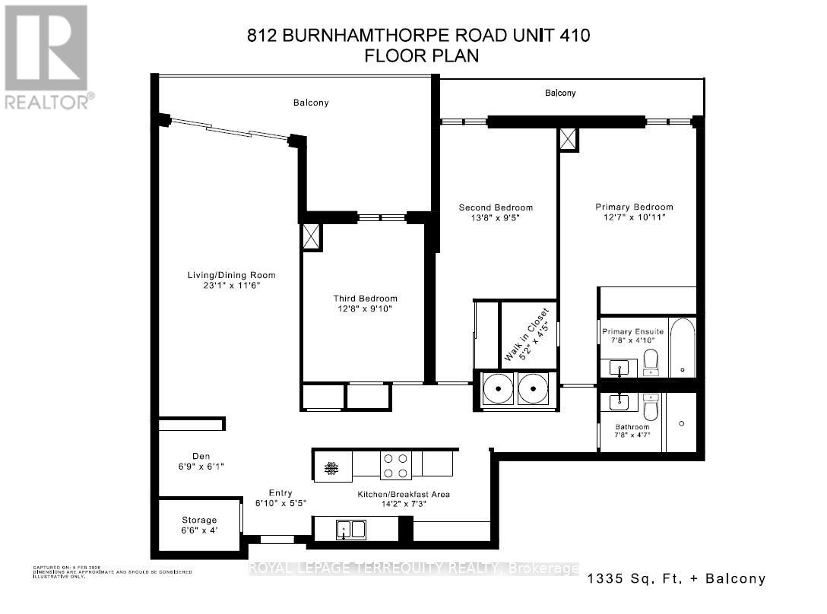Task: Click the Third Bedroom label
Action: (x=365, y=299)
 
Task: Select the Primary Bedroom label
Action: (x=634, y=207)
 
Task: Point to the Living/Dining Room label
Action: (x=232, y=275)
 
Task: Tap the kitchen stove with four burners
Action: (x=395, y=465)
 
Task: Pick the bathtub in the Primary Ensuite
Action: (x=683, y=348)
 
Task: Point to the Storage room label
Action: (x=198, y=521)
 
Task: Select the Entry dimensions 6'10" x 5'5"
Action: (x=280, y=503)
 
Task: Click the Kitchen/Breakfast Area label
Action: (x=404, y=494)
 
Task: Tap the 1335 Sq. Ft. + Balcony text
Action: (x=676, y=579)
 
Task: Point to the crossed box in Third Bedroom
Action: (x=312, y=236)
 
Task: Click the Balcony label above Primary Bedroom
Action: (x=560, y=93)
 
